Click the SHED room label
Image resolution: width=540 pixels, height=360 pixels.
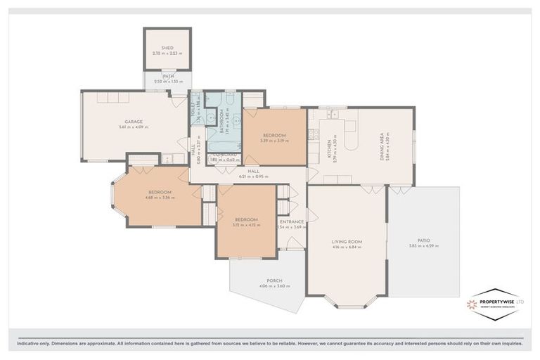pos(167,47)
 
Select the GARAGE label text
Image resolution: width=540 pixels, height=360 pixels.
pos(134,122)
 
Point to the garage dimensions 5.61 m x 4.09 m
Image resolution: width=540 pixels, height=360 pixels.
pos(134,127)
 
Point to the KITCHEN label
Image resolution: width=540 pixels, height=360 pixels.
pos(328,148)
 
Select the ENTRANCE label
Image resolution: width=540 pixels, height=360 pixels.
pos(291,221)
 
